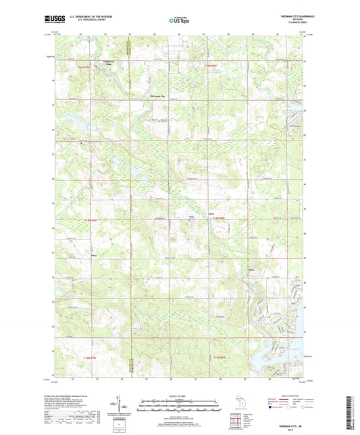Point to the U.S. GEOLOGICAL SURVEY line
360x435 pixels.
click(88, 20)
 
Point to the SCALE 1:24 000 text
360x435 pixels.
click(180, 394)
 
